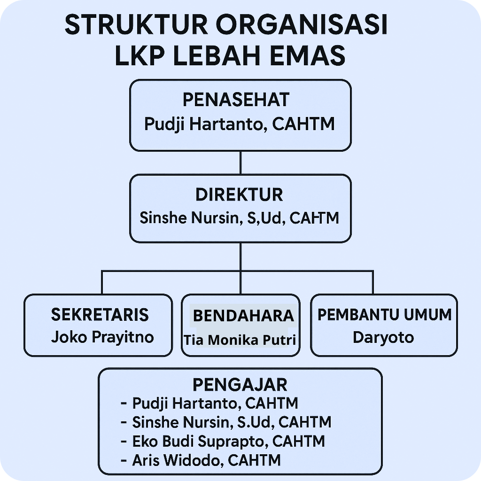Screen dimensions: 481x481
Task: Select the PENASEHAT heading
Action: pos(236,100)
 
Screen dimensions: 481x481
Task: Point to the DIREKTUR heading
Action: pos(239,194)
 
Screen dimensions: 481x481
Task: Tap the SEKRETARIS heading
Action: pos(100,315)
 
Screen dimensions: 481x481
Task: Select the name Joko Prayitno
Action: pos(102,337)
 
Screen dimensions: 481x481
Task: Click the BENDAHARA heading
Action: pos(243,316)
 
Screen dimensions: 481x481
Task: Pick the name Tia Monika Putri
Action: pos(240,340)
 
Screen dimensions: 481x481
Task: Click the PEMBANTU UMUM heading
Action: pos(384,315)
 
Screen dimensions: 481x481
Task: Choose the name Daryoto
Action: pos(383,337)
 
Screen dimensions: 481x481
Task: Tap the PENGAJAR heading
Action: pos(240,385)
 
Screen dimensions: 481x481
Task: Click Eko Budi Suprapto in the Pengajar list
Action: pos(198,442)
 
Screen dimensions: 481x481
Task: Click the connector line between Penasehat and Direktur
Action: pos(240,163)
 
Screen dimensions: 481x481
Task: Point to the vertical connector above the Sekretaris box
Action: pos(102,282)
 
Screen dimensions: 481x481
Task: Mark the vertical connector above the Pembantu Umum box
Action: pos(373,282)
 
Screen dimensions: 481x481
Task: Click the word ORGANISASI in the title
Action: pos(302,24)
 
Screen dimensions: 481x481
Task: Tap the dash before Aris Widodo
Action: pos(124,461)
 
